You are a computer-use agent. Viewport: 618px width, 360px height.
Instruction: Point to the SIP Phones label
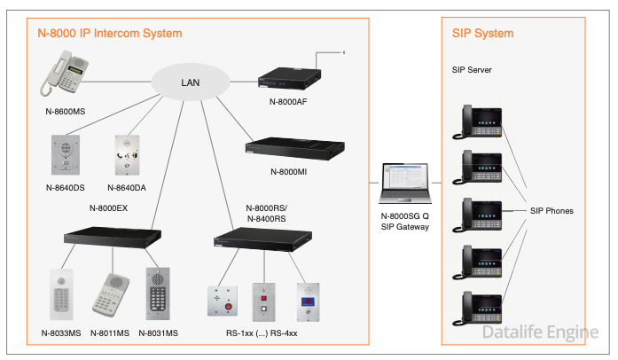551,211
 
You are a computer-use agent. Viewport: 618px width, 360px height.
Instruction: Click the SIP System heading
483,34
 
